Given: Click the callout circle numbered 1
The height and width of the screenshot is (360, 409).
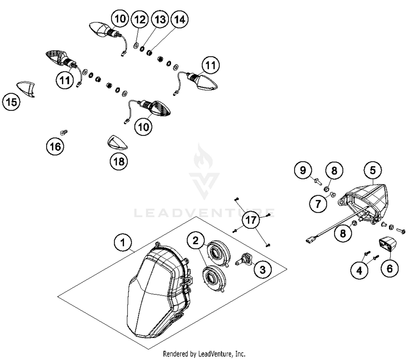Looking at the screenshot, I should click(123, 242).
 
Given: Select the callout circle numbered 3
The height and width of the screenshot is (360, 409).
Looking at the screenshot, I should click(262, 270).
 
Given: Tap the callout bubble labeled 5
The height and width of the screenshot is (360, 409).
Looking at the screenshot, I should click(373, 170).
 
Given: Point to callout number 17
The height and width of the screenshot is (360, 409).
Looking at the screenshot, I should click(251, 220).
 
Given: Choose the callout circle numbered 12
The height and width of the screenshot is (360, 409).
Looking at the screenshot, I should click(140, 19).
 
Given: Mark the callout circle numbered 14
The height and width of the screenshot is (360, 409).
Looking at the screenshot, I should click(179, 19).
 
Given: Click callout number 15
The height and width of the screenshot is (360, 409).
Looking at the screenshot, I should click(11, 102).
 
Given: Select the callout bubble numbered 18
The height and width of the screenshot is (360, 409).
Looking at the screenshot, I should click(119, 161).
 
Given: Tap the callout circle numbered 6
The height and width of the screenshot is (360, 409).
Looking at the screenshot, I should click(389, 268).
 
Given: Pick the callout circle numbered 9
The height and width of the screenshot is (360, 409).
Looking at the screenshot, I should click(303, 170).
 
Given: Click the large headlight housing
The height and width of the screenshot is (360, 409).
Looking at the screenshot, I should click(158, 292).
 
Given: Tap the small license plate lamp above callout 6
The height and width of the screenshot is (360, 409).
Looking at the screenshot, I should click(387, 244).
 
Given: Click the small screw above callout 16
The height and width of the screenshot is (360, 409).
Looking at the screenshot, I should click(64, 133).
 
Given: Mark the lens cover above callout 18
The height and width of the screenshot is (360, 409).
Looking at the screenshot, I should click(117, 143).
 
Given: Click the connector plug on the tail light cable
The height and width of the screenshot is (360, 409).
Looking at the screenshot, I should click(310, 241).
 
